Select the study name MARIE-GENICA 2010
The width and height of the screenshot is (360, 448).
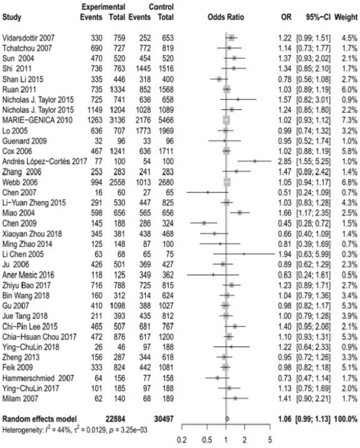[x=35, y=137]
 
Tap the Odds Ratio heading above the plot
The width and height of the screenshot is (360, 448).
[x=227, y=17]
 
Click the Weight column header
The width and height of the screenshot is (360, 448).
[x=346, y=17]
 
